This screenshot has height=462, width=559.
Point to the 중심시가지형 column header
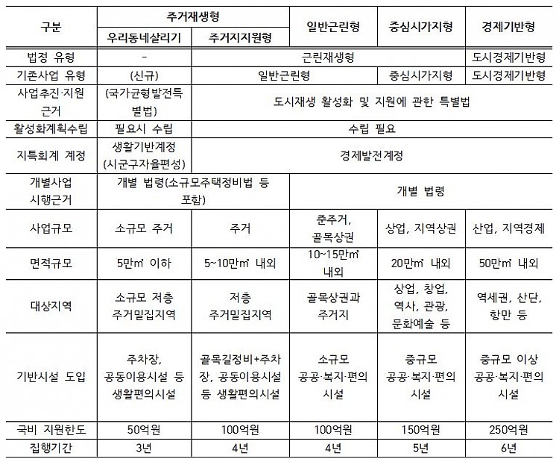(x=421, y=26)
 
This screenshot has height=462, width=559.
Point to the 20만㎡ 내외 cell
(x=421, y=263)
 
